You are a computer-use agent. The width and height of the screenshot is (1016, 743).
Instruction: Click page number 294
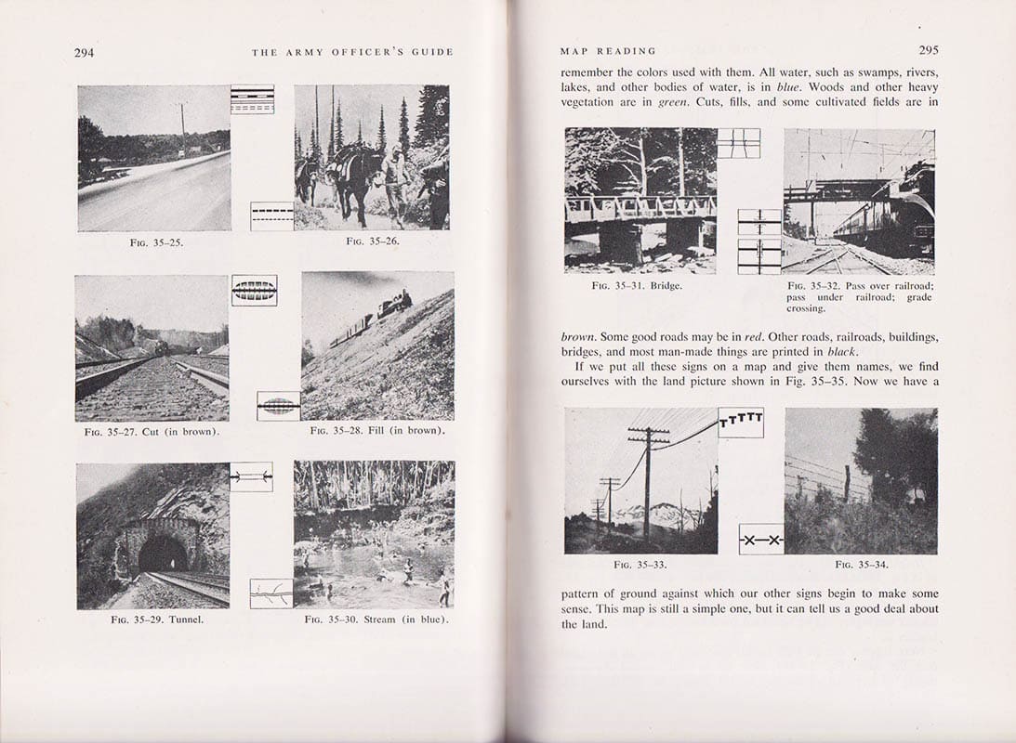[84, 53]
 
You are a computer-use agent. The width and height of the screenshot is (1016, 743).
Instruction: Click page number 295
[928, 51]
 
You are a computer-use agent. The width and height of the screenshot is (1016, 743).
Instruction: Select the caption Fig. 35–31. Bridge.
[637, 285]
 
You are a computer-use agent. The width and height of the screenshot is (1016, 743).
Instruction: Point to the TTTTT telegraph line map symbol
[741, 422]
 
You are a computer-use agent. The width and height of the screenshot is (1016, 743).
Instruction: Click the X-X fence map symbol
[761, 540]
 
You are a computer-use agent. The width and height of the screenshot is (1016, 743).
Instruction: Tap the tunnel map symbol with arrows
[251, 476]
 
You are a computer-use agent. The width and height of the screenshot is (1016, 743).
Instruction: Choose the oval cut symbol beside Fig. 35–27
[254, 290]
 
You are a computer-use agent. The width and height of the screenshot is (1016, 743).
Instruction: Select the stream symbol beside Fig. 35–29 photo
[270, 593]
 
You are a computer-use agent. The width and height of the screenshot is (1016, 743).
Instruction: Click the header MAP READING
[608, 51]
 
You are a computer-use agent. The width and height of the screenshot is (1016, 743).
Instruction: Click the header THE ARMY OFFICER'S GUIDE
[352, 53]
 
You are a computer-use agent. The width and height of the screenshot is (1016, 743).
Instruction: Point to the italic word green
[672, 102]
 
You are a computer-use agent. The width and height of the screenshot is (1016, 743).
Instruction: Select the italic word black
[839, 351]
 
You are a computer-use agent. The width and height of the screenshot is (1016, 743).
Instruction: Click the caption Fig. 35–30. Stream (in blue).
[376, 619]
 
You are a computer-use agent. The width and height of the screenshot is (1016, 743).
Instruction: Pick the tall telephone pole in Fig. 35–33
[648, 483]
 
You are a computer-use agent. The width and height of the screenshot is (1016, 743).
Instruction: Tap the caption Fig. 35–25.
[153, 242]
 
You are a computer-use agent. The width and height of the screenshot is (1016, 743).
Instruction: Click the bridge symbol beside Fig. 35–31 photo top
[738, 143]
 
